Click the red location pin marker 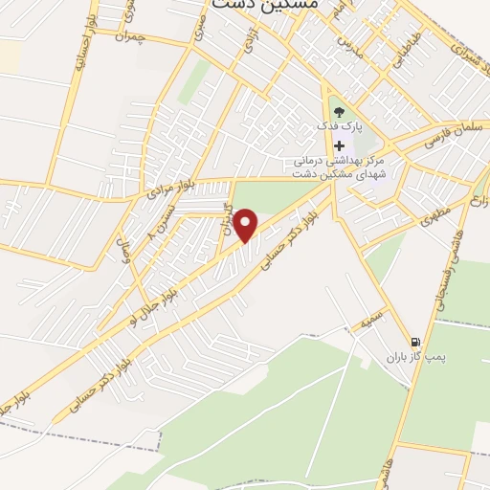[x=247, y=226]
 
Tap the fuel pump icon [x=414, y=341]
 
